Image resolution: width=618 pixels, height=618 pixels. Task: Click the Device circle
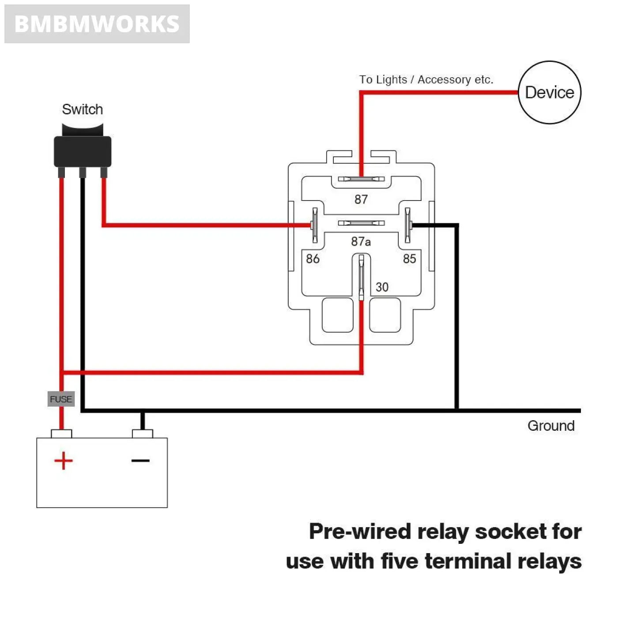coord(549,92)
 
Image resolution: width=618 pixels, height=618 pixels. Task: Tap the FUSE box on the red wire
coord(61,399)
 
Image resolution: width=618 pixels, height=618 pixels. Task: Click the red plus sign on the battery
coord(64,461)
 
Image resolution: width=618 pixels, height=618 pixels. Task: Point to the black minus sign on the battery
coord(140,461)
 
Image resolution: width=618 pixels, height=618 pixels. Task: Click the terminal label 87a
coord(361,241)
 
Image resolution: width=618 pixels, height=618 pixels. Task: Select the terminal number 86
coord(313,259)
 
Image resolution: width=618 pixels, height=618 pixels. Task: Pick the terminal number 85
coord(409,259)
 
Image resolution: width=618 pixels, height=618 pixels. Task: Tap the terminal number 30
coord(382,287)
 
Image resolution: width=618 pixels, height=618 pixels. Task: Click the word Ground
coord(551,426)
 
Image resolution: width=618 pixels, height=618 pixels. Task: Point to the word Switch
coord(83,109)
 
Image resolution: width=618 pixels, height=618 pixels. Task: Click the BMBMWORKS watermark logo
coord(97,24)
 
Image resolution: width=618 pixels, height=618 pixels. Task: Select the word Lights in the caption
coord(392,79)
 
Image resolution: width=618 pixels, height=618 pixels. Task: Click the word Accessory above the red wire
coord(444,79)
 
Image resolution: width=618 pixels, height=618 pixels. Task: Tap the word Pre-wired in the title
coord(360,531)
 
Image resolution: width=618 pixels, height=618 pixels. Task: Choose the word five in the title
coord(399,561)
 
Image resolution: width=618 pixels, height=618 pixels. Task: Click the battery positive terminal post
coord(61,433)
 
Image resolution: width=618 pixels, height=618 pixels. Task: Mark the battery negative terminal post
coord(143,433)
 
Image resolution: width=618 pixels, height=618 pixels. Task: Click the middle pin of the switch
coord(83,172)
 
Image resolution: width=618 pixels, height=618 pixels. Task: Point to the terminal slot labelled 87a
coord(361,223)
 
